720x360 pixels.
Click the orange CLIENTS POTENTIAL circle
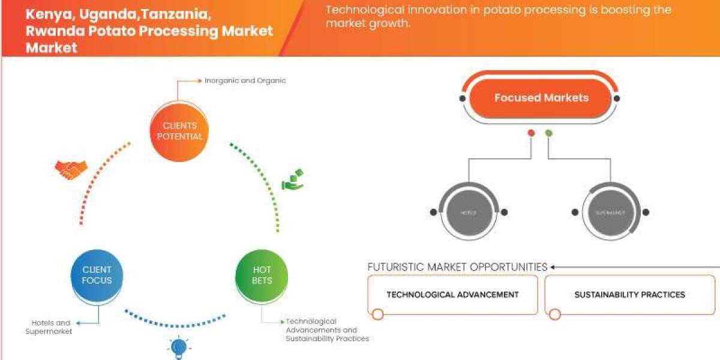(x=179, y=131)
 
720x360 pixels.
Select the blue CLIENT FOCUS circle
(x=97, y=275)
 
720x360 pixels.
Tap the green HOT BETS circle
(x=262, y=275)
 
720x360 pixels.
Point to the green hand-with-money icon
(x=293, y=179)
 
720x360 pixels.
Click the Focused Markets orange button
(x=541, y=98)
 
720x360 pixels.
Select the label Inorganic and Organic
(x=245, y=80)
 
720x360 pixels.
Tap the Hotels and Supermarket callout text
(x=49, y=327)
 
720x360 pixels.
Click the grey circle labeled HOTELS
(x=468, y=212)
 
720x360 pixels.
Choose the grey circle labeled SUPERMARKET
(x=610, y=212)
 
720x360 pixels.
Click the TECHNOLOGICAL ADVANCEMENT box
(x=452, y=295)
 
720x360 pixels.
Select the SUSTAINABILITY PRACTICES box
(x=629, y=295)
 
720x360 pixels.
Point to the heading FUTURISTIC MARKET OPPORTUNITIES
(x=457, y=267)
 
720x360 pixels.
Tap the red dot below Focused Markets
(x=530, y=133)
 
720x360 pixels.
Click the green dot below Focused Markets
(x=548, y=133)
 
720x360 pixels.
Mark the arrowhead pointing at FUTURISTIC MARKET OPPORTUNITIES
(x=553, y=267)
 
